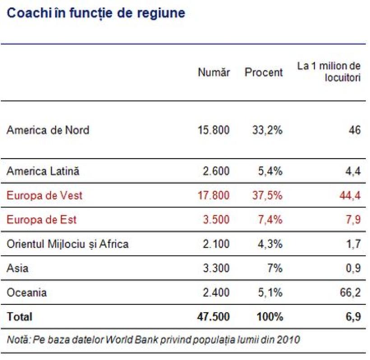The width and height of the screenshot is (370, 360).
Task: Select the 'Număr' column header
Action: (213, 72)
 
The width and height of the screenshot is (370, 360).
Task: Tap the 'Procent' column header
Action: (264, 72)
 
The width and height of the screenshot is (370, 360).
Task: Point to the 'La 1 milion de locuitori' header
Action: (329, 72)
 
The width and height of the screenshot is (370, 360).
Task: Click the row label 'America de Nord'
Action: (48, 130)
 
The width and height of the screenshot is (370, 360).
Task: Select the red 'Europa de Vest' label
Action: (44, 196)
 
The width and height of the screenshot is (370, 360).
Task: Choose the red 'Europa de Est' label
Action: (42, 220)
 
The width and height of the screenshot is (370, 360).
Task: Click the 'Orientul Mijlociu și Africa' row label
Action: (68, 244)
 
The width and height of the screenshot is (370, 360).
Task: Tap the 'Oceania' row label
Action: (27, 293)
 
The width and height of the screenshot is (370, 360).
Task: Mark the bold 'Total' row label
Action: (19, 317)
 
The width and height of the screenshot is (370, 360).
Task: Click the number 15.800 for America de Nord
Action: (213, 130)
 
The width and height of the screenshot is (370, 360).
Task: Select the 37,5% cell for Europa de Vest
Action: (267, 196)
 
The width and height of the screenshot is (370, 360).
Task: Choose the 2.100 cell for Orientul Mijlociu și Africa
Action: (216, 244)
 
